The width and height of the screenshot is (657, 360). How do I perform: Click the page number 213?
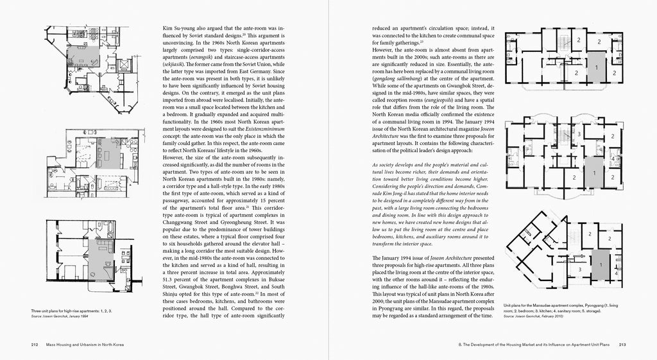622,345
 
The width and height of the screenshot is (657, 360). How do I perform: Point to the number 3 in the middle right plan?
579,133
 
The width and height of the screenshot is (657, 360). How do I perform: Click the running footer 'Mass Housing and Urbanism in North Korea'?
86,345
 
